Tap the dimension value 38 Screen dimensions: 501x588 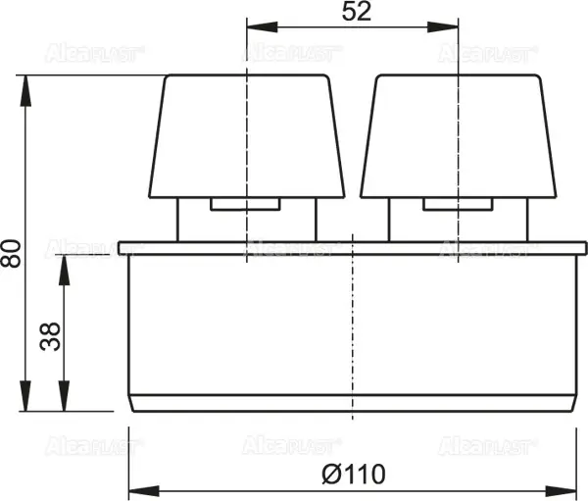50,335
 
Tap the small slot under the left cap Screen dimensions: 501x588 247,204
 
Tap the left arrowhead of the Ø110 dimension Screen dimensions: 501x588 137,487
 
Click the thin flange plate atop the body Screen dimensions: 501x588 351,248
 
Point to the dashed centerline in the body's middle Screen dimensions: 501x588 351,324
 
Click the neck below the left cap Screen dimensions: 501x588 193,218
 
